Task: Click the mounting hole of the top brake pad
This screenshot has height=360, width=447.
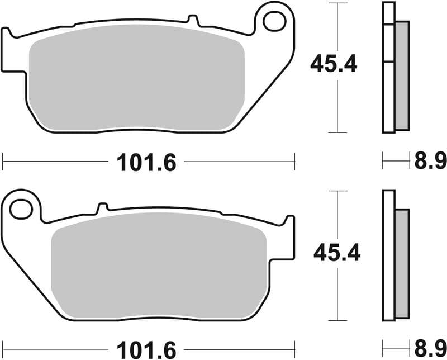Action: click(274, 21)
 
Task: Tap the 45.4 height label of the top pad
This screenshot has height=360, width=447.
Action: click(334, 65)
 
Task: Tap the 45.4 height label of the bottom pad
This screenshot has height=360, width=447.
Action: click(337, 253)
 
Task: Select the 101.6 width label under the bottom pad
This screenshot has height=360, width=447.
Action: click(146, 350)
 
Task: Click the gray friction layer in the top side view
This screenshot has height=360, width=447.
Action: click(402, 75)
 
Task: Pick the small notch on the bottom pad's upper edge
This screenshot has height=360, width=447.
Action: click(102, 207)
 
